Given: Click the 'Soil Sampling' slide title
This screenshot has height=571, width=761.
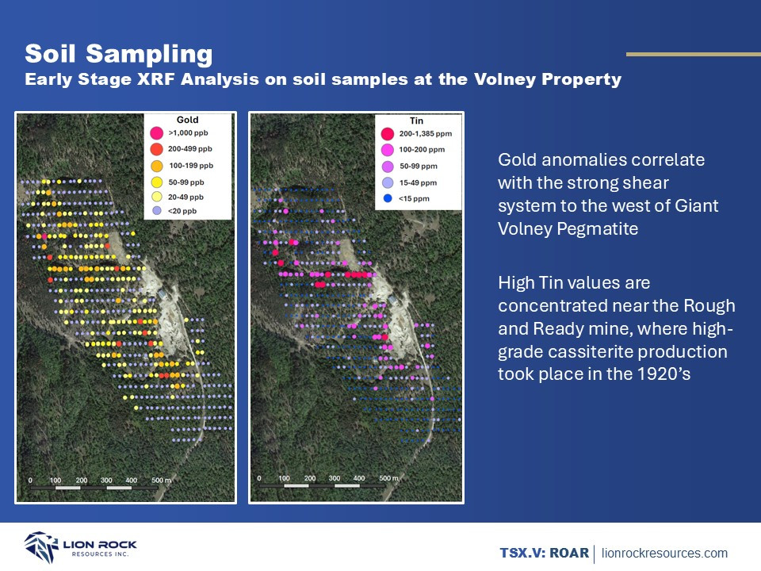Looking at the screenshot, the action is [119, 54].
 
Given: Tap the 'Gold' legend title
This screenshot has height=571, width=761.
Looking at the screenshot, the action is [187, 120].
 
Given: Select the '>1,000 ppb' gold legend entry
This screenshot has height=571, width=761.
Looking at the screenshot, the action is [179, 133].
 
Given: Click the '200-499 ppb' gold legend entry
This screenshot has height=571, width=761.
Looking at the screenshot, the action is [181, 149].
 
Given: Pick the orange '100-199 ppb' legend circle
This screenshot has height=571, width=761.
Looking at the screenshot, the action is [156, 166].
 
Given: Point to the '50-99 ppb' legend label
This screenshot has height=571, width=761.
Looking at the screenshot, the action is [186, 182].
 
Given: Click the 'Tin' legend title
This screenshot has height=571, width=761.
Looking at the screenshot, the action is [416, 121].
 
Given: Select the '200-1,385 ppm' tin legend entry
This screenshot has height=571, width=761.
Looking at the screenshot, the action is [416, 133].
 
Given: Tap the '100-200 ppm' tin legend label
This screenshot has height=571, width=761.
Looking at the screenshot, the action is [422, 150].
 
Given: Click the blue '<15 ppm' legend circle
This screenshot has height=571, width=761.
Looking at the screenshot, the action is [388, 198].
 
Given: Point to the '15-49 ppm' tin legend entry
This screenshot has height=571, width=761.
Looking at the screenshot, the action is [409, 182].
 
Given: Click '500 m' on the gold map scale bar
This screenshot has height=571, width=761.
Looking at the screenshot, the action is [161, 481].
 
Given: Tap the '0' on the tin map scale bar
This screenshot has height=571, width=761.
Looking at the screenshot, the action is [258, 478].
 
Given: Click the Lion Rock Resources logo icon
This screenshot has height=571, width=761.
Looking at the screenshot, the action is [41, 546].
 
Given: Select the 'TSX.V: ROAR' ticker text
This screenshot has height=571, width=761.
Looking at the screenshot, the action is [544, 553].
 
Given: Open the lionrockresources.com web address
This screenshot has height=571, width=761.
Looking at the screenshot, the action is [664, 553].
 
